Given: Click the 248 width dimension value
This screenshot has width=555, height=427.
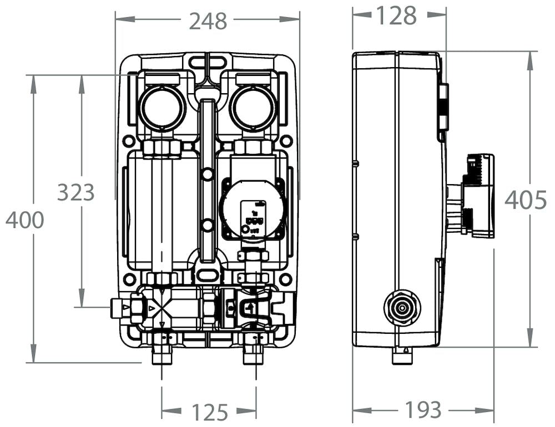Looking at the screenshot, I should click(x=208, y=21).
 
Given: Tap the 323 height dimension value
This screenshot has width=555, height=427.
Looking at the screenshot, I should click(x=76, y=192).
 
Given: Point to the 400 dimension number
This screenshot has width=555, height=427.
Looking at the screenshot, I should click(x=25, y=220).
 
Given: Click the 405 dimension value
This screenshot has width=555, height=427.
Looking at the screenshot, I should click(x=526, y=200).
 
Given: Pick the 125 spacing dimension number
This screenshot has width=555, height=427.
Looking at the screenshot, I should click(x=209, y=412).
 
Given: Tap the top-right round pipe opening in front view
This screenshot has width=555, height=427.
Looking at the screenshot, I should click(x=253, y=107).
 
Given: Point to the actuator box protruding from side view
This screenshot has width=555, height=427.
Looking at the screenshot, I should click(x=478, y=196).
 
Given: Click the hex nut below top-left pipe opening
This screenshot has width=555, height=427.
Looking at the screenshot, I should click(x=162, y=148).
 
